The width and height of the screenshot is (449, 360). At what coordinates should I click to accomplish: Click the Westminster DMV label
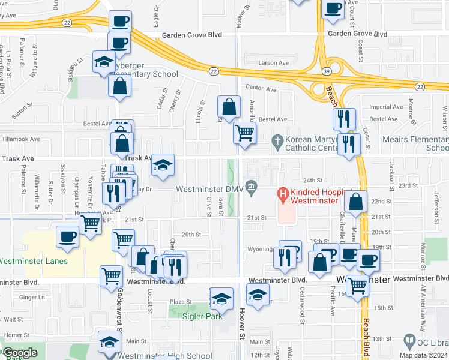pyautogui.click(x=210, y=190)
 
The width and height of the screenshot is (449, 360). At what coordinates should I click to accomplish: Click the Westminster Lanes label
pyautogui.click(x=34, y=261)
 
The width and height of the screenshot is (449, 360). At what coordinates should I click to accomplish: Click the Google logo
pyautogui.click(x=20, y=353)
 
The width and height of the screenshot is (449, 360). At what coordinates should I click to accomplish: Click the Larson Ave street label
pyautogui.click(x=274, y=62)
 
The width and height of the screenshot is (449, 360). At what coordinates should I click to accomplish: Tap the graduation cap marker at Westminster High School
pyautogui.click(x=109, y=342)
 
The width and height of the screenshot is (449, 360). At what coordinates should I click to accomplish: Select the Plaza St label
pyautogui.click(x=180, y=302)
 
